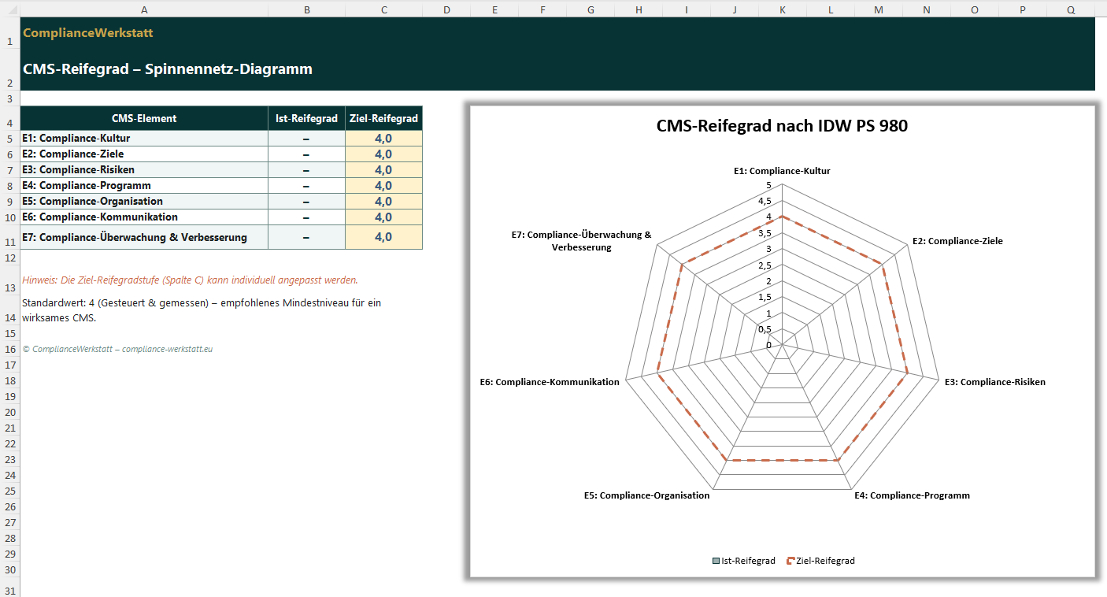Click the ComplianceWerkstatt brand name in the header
pos(87,33)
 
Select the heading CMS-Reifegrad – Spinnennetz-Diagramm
pos(167,69)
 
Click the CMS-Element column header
pos(144,119)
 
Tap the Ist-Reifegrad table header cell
pos(306,119)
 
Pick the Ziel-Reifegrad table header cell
pos(383,119)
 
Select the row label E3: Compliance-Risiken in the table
pos(79,170)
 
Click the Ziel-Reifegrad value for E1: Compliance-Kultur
pos(383,139)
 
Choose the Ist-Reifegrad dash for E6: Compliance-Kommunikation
pos(306,217)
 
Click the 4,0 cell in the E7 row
pos(383,237)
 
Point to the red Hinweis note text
pos(190,280)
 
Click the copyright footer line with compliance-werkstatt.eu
pos(117,349)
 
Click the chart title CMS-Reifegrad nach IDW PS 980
pos(782,126)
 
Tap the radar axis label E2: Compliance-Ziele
pos(957,241)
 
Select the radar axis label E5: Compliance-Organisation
pos(646,495)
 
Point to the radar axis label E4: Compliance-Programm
pos(912,495)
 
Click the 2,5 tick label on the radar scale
pos(765,265)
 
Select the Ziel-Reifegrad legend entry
pos(820,561)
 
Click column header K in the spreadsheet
pos(782,9)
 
